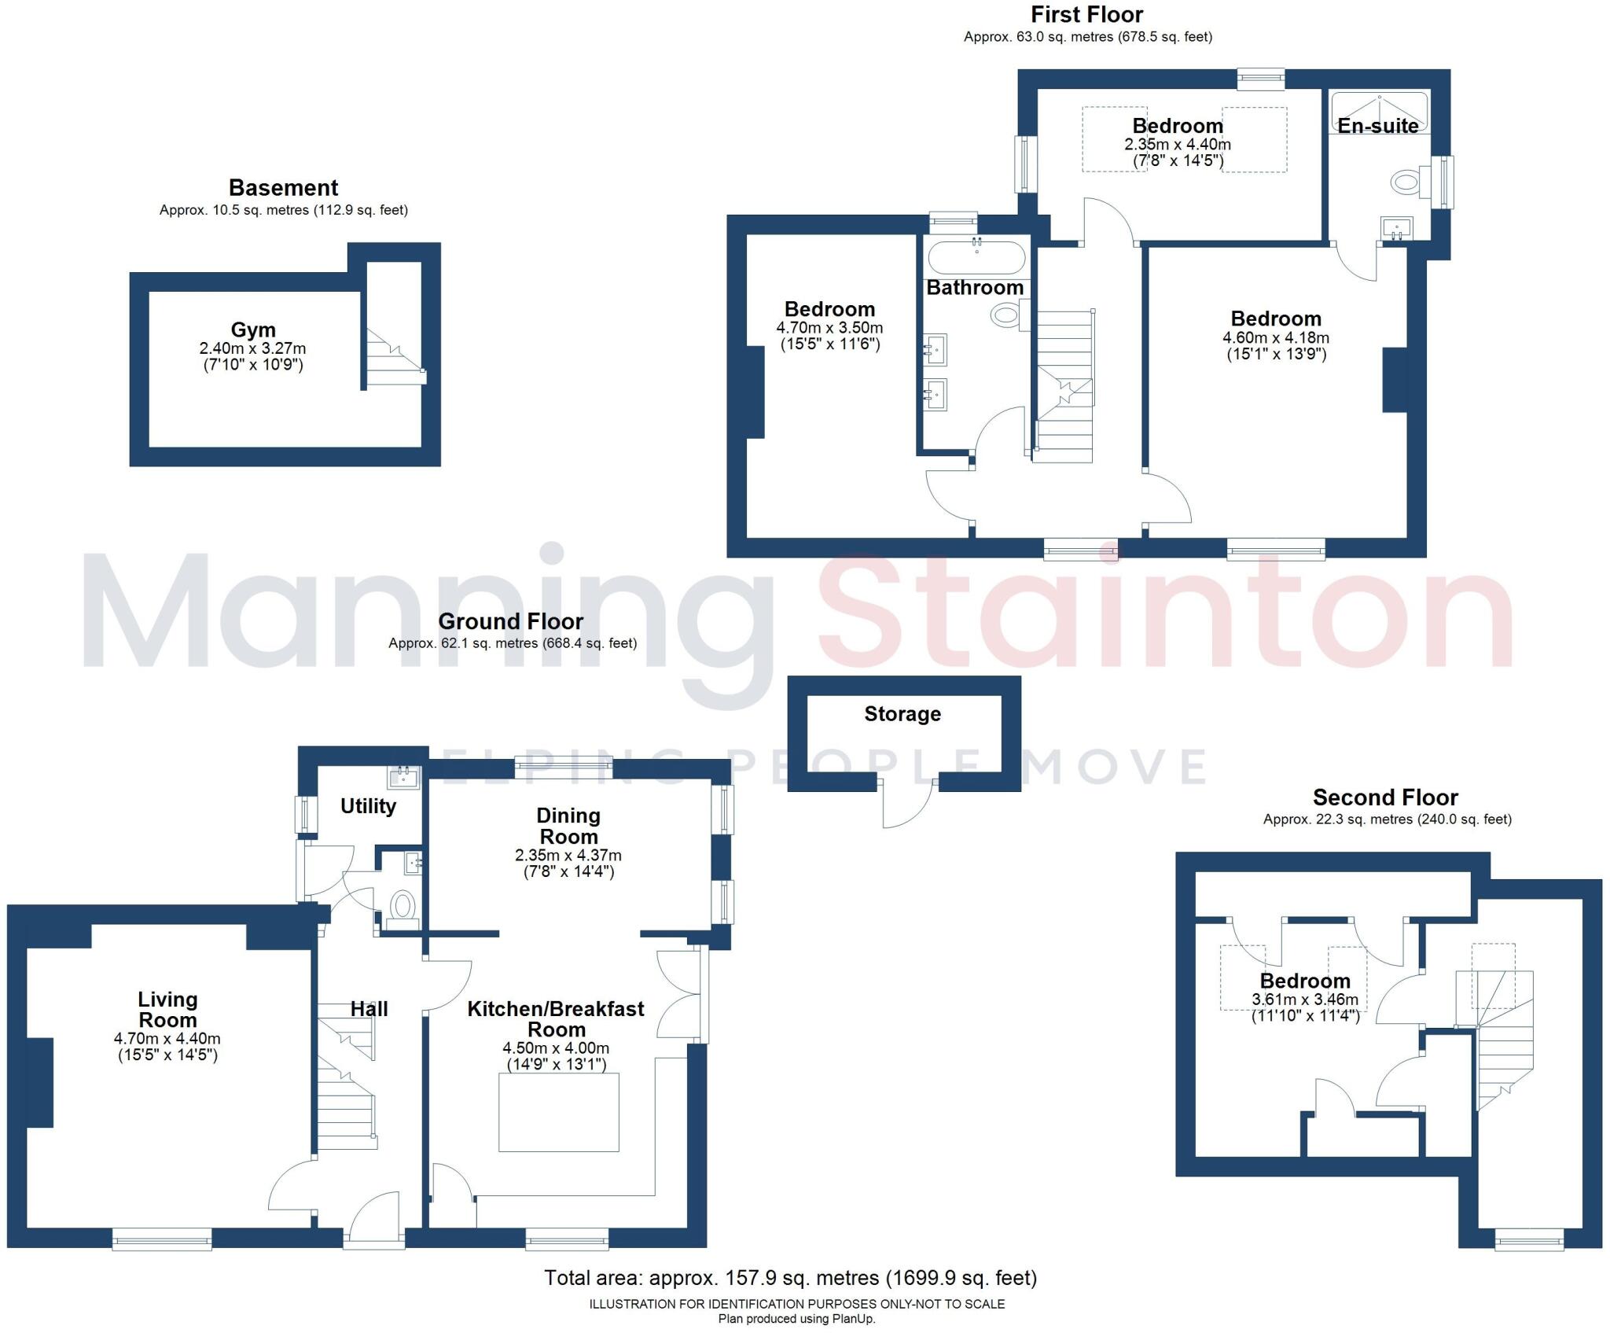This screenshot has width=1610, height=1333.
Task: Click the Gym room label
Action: point(252,330)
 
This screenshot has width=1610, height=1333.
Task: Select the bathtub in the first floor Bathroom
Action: point(976,257)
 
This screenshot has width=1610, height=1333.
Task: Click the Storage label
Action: point(902,714)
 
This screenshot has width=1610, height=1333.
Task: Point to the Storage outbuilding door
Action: point(907,803)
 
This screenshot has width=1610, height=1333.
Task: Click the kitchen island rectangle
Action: point(558,1112)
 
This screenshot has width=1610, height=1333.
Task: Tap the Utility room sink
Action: point(403,778)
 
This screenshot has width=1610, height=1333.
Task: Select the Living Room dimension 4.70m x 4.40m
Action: point(167,1039)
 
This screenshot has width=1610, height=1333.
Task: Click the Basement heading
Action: point(283,188)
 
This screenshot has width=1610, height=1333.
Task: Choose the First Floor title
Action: point(1086,14)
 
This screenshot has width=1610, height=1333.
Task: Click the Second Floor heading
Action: point(1385,797)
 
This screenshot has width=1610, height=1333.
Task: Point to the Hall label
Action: point(369,1009)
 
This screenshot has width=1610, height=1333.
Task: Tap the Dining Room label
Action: point(568,826)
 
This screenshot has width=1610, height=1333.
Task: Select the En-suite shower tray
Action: point(1378,111)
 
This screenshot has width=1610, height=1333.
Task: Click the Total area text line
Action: point(790,1278)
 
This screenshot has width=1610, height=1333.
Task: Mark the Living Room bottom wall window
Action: point(162,1240)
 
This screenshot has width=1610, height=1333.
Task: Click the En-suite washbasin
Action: point(1396,229)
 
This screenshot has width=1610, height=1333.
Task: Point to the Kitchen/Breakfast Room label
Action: point(556,1019)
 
